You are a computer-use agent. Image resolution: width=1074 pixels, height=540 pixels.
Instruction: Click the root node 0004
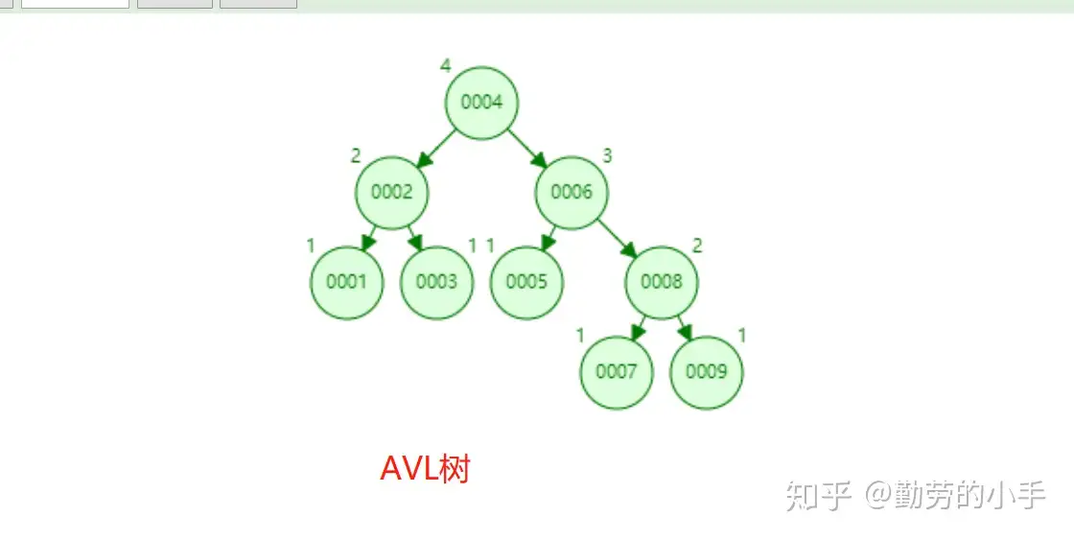(481, 103)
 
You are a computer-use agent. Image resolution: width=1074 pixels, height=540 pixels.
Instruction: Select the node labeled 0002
(391, 192)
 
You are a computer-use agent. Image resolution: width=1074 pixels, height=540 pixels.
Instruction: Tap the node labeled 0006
(572, 192)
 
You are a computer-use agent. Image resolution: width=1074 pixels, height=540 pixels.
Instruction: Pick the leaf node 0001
(346, 282)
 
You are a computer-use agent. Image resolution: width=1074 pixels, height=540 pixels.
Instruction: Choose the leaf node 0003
(436, 282)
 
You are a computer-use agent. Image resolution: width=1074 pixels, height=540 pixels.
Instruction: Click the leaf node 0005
(526, 282)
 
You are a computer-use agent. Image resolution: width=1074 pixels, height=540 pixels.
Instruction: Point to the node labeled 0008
(662, 282)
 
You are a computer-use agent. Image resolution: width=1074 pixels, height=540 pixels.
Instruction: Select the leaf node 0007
(617, 371)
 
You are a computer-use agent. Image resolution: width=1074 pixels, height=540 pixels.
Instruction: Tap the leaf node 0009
(707, 371)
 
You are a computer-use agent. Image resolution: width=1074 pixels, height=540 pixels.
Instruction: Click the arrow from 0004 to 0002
(437, 147)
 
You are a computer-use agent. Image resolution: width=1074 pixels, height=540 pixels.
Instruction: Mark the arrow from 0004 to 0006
(526, 147)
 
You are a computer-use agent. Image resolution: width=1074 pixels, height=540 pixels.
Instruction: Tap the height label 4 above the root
(445, 65)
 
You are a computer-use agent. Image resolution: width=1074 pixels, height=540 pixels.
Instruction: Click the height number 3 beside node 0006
(607, 155)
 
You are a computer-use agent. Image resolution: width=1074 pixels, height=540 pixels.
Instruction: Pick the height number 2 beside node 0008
(697, 246)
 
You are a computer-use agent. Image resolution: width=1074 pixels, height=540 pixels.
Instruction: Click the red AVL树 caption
(425, 469)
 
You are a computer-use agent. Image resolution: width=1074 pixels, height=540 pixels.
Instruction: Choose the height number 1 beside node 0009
(742, 335)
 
